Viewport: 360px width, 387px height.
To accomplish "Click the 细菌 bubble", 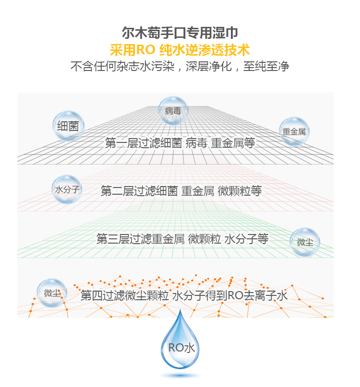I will [68, 127].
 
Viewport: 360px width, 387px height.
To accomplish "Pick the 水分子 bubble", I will [67, 189].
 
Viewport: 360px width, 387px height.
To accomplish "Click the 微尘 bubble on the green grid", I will [305, 242].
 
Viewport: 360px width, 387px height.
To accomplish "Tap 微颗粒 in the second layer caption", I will [234, 191].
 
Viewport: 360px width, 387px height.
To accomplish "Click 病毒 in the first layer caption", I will [197, 143].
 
